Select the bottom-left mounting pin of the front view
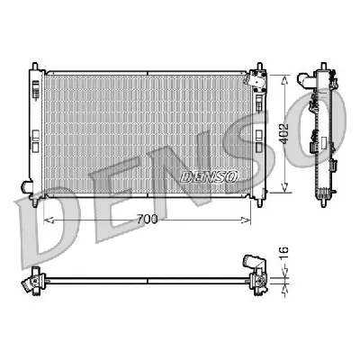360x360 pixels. click(35, 199)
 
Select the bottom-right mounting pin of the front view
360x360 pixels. click(261, 199)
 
